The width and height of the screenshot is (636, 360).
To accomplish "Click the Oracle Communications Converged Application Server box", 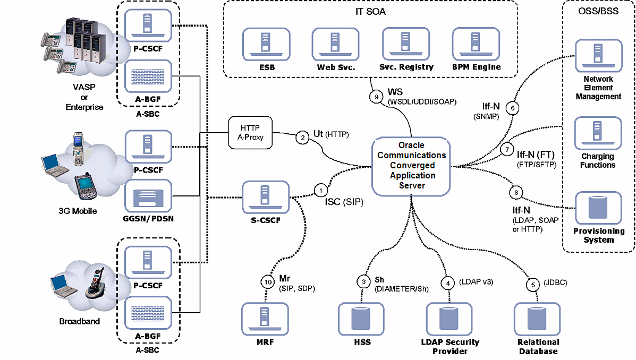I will (411, 165).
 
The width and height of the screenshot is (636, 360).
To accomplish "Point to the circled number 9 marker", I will (376, 97).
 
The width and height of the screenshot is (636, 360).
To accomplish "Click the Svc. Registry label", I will (406, 67).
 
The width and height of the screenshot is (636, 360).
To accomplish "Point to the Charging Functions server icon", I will (598, 133).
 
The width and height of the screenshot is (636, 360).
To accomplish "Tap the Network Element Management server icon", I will (598, 56).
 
